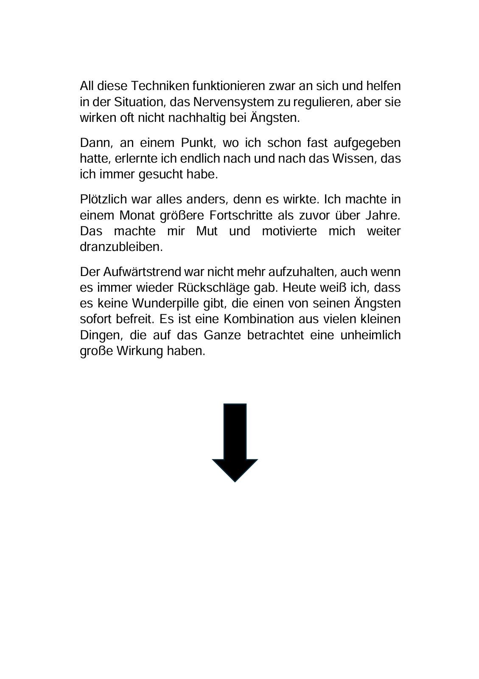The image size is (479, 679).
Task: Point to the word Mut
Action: pyautogui.click(x=207, y=231)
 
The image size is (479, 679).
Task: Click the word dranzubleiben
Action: pyautogui.click(x=121, y=247)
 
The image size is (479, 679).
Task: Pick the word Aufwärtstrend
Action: pyautogui.click(x=143, y=272)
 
